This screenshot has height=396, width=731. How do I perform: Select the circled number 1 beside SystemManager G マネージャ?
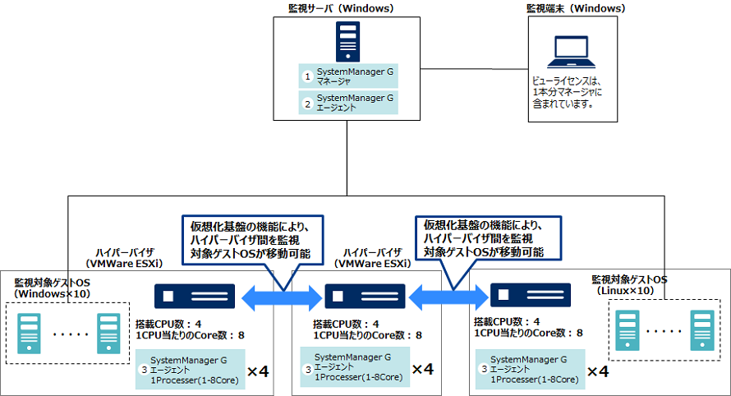[308, 76]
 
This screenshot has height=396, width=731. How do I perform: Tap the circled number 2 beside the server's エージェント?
[308, 104]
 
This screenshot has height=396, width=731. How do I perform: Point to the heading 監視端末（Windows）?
[576, 9]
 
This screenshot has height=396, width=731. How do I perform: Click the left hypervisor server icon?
[194, 295]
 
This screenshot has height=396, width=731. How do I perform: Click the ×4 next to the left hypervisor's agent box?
[259, 371]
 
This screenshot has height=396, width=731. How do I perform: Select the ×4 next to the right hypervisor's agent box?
[597, 371]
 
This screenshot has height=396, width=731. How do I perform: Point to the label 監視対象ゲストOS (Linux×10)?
[630, 285]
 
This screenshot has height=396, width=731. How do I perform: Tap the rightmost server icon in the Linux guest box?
[701, 332]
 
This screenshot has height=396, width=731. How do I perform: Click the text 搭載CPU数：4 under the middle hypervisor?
[347, 324]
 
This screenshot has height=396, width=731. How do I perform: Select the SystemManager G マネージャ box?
[348, 76]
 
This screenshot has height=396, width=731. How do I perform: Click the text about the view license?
[568, 93]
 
